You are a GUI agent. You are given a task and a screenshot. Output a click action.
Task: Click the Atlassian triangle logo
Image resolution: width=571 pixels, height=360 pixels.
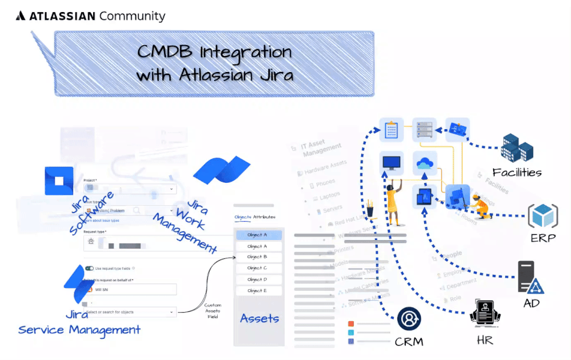coord(21,16)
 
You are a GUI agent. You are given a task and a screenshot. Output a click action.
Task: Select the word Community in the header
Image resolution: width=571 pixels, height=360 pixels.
coord(132,16)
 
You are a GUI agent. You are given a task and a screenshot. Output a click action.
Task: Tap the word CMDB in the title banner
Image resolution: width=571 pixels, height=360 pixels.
coord(166,53)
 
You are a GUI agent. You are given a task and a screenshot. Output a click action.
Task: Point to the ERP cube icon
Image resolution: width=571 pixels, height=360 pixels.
coord(542,216)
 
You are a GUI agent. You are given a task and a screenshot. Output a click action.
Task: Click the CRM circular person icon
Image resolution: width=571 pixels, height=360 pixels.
coord(409,319)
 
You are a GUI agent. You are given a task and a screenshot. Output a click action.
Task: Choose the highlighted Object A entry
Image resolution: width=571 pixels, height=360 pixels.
coord(258,235)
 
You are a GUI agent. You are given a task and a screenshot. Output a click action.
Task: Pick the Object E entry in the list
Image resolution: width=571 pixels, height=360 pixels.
coord(258,291)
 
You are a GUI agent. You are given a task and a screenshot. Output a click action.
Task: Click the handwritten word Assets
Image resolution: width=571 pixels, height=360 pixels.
coord(259,318)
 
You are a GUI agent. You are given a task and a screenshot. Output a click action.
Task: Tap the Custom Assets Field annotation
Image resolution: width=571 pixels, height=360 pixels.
coord(213,311)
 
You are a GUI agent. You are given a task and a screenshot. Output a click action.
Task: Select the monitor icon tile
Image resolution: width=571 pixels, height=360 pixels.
coord(392,162)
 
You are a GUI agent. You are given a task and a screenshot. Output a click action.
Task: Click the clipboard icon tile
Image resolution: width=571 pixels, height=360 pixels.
coord(392,129)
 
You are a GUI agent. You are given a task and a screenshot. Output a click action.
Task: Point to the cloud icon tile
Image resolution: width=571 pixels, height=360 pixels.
coord(425,163)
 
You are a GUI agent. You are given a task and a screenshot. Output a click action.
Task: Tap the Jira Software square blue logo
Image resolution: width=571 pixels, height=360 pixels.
coord(59,181)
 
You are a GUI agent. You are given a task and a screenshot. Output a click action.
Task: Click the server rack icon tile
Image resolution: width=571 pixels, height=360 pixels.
coord(425,129)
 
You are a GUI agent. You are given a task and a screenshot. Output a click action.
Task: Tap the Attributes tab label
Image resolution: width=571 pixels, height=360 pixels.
coord(264,217)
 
